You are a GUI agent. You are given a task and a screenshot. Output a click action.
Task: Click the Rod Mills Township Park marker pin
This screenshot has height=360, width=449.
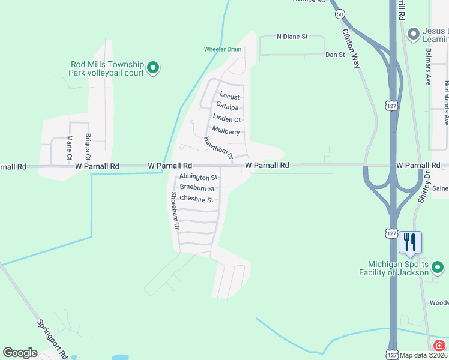pyautogui.click(x=153, y=67)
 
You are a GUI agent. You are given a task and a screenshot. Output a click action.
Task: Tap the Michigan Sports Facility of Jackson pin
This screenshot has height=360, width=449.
pyautogui.click(x=438, y=266)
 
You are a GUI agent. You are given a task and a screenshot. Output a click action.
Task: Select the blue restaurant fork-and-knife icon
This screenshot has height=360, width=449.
pyautogui.click(x=410, y=242)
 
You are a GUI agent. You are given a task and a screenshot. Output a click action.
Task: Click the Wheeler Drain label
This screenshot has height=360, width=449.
pyautogui.click(x=222, y=49)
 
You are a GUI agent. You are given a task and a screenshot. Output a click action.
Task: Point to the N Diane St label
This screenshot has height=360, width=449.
pyautogui.click(x=292, y=37)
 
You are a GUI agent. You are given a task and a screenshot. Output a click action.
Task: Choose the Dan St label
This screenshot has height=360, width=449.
pyautogui.click(x=335, y=55)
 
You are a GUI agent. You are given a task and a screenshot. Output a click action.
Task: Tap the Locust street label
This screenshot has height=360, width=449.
pyautogui.click(x=229, y=96)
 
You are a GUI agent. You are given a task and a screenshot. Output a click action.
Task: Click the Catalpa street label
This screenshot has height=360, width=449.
pyautogui.click(x=227, y=107)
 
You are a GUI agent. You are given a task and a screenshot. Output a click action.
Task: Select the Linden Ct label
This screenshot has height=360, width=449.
pyautogui.click(x=227, y=119)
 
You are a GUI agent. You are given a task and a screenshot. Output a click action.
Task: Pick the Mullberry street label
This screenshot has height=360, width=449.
pyautogui.click(x=226, y=131)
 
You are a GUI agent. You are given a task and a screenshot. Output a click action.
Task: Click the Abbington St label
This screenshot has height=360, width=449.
pyautogui.click(x=198, y=178)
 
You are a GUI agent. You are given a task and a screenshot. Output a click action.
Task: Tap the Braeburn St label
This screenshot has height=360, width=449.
pyautogui.click(x=197, y=188)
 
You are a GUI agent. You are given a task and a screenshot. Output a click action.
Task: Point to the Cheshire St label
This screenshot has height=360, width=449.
pyautogui.click(x=196, y=199)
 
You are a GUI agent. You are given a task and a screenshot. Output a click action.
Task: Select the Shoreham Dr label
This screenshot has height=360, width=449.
pyautogui.click(x=175, y=211)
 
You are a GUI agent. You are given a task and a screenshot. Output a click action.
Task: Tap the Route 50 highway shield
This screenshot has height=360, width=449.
pyautogui.click(x=340, y=13)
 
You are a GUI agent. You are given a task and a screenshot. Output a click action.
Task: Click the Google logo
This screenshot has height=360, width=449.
pyautogui.click(x=20, y=353)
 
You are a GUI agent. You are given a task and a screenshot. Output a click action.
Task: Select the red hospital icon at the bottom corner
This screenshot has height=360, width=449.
pyautogui.click(x=439, y=346)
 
